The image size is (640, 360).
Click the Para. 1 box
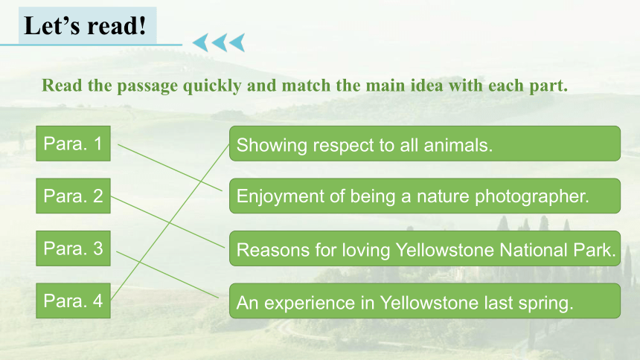click(x=73, y=144)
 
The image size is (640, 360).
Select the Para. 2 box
click(x=73, y=196)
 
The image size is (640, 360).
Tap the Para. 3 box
click(x=73, y=248)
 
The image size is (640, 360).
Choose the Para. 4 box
click(x=73, y=300)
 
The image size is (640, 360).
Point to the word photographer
click(x=532, y=196)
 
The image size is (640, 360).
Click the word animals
click(x=458, y=145)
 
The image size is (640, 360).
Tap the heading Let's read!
click(x=85, y=26)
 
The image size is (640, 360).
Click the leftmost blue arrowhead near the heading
click(x=200, y=42)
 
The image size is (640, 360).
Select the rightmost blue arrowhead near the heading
click(x=237, y=42)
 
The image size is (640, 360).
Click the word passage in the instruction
click(x=147, y=86)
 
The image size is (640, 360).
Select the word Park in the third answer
click(x=595, y=250)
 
